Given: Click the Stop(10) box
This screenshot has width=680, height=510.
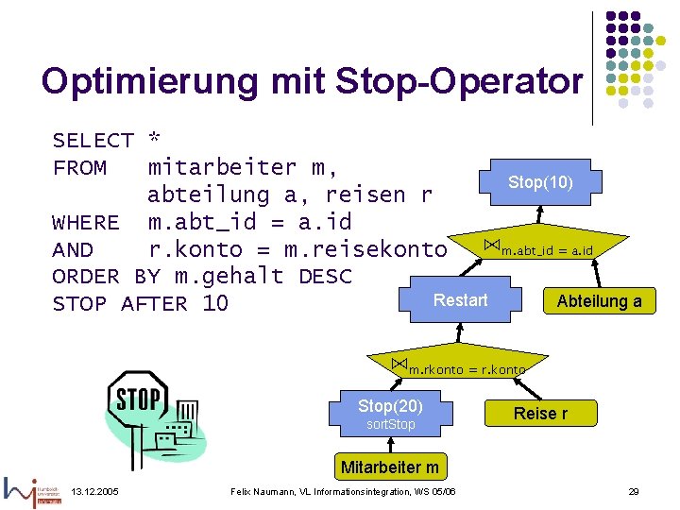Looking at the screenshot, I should pyautogui.click(x=540, y=181).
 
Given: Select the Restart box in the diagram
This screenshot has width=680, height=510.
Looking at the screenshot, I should pyautogui.click(x=461, y=300).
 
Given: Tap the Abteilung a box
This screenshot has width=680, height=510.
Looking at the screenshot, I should pyautogui.click(x=599, y=301).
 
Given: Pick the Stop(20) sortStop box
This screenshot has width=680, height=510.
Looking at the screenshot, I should pyautogui.click(x=390, y=413).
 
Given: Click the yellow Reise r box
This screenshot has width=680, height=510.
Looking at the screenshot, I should pyautogui.click(x=541, y=413).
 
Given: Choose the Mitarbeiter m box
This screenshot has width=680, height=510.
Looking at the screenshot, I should pyautogui.click(x=390, y=467).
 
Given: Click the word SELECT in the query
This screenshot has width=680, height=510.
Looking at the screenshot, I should pyautogui.click(x=93, y=141).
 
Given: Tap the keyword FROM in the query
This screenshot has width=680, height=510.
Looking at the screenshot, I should pyautogui.click(x=79, y=168).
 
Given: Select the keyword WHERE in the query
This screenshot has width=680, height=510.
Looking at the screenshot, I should pyautogui.click(x=86, y=223).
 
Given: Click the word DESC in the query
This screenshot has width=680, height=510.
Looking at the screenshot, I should pyautogui.click(x=325, y=277).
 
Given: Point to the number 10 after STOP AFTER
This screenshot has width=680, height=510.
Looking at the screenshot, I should pyautogui.click(x=215, y=304).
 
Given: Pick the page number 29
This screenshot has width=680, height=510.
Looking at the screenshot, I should pyautogui.click(x=635, y=492).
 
